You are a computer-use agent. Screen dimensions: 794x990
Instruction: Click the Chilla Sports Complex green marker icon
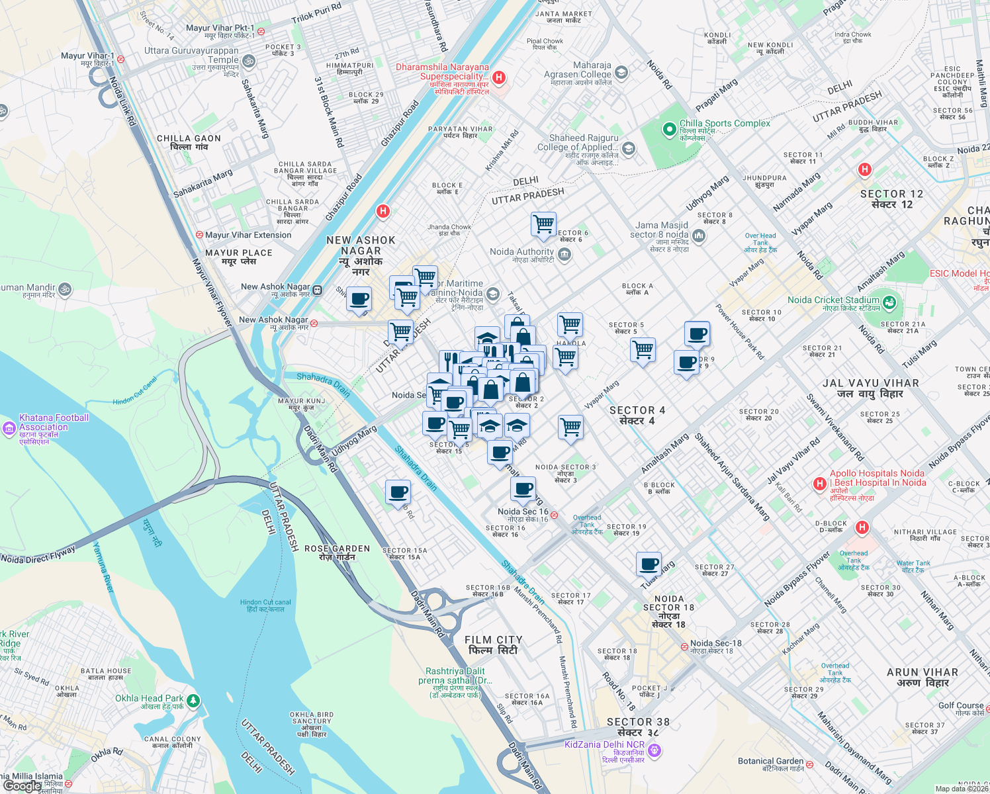coord(669,128)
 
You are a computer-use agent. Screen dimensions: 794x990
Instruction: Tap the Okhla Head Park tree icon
coord(193,701)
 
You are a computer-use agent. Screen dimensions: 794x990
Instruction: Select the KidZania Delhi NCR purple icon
coord(654,750)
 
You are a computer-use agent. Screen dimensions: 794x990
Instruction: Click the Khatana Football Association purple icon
coord(9,428)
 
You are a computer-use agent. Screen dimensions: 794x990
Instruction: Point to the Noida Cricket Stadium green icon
coord(889,303)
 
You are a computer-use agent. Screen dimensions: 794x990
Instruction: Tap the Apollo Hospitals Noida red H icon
coord(820,484)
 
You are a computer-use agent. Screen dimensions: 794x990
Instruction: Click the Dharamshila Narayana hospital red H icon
coord(499,77)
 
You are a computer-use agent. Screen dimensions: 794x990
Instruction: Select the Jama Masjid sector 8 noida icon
coord(699,235)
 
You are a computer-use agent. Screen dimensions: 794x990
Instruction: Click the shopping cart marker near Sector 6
coord(543,224)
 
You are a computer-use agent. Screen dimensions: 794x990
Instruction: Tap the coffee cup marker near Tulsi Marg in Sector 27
coord(649,564)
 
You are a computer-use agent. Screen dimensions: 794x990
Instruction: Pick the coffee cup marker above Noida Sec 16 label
coord(523,489)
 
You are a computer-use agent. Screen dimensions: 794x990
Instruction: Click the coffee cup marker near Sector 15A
coord(398,492)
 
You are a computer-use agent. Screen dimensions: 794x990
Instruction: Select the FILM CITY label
coord(493,645)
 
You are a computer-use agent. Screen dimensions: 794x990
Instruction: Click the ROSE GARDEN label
coord(337,552)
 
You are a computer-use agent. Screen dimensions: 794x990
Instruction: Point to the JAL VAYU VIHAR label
coord(870,388)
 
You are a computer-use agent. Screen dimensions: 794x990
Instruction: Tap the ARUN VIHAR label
coord(922,677)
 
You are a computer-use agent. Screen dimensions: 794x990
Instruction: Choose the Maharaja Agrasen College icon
coord(621,72)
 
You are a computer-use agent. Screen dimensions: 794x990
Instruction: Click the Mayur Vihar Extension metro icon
coord(199,235)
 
